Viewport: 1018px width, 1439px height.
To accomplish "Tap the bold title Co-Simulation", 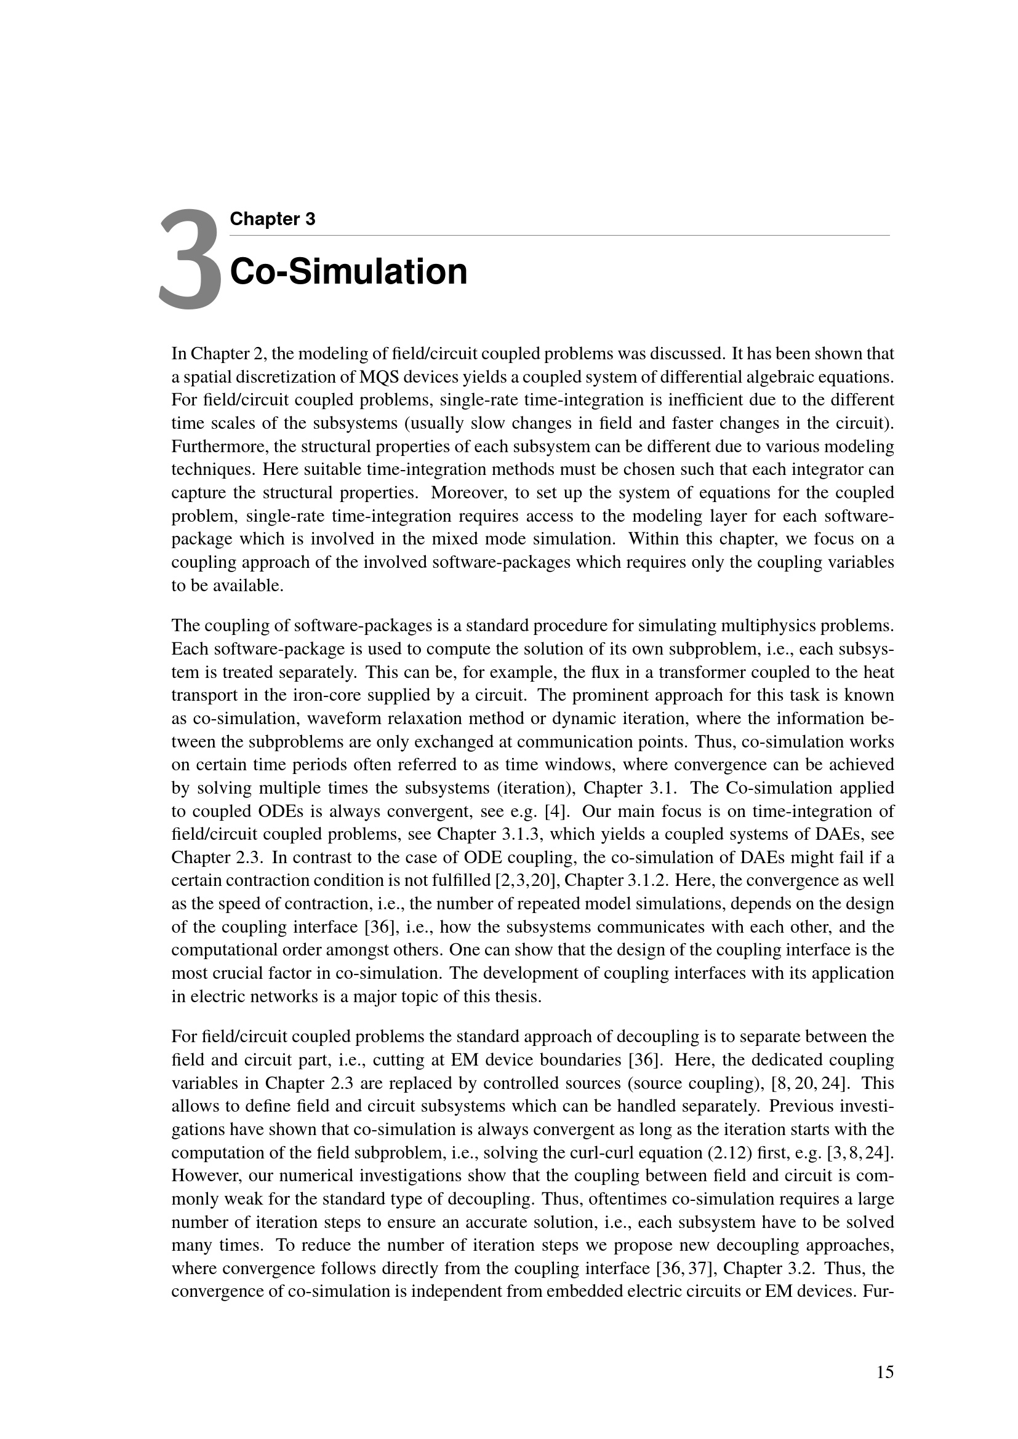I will click(348, 271).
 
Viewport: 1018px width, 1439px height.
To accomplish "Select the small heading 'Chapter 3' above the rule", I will click(272, 219).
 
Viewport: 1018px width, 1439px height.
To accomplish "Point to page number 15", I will click(884, 1373).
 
